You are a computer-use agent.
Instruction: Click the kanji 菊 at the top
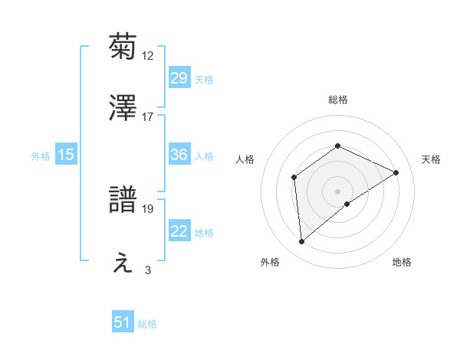click(x=123, y=47)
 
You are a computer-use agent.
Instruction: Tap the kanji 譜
click(x=123, y=201)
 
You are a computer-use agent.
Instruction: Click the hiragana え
click(x=123, y=263)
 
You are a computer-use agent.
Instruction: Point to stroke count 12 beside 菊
click(x=148, y=55)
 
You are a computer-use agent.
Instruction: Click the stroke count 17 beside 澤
click(x=148, y=117)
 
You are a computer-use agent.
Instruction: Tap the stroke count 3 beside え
click(x=148, y=270)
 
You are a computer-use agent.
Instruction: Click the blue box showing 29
click(x=179, y=78)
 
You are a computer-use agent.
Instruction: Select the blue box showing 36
click(x=179, y=155)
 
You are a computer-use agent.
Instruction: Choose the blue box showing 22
click(x=179, y=231)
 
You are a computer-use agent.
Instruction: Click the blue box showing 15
click(x=66, y=155)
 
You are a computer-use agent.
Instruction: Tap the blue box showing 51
click(x=123, y=322)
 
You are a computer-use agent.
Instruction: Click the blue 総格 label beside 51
click(x=147, y=324)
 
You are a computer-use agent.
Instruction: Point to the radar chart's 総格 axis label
click(x=337, y=100)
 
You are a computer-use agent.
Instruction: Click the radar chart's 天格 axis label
click(x=432, y=159)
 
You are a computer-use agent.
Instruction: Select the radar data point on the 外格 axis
click(x=302, y=242)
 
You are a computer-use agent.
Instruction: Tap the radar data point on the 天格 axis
click(x=396, y=172)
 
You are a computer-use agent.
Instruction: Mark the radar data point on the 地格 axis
click(x=347, y=204)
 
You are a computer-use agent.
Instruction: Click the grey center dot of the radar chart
click(x=337, y=191)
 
